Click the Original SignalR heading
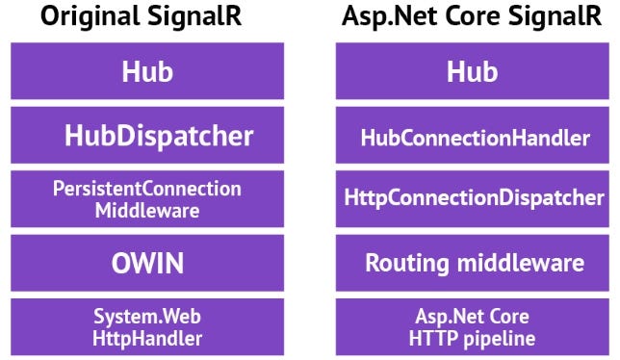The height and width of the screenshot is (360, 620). coord(147,17)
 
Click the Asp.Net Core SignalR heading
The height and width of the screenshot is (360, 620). coord(472,17)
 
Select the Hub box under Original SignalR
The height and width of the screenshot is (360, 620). coord(147,70)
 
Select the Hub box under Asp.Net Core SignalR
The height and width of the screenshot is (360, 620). coord(472,70)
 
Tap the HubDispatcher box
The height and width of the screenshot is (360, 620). coord(147,135)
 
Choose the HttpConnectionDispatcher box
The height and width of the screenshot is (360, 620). coord(473,199)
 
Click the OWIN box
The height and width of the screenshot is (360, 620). coord(147,263)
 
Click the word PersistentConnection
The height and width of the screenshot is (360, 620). coord(147,189)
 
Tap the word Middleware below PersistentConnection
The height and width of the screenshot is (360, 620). coord(147,211)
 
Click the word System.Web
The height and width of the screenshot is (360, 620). coord(147,317)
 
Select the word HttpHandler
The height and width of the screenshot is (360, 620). coord(147,338)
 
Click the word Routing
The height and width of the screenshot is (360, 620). coord(400,263)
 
